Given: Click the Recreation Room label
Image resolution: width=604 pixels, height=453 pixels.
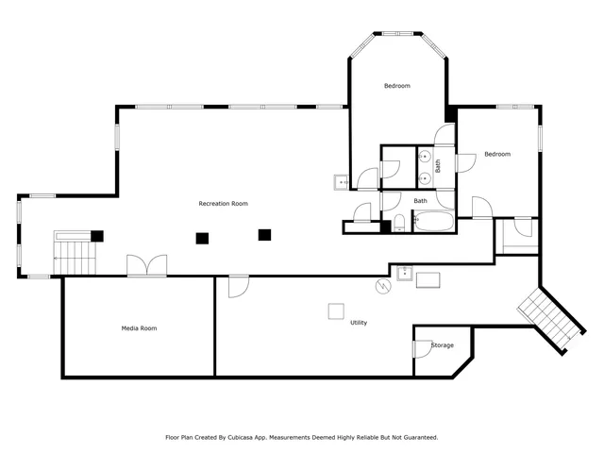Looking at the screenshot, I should point(223,204).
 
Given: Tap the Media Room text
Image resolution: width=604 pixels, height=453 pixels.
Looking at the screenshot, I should point(139,328).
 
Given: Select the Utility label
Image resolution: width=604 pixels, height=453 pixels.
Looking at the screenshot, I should point(359,323).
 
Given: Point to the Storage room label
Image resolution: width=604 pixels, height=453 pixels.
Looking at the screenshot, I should point(443,345).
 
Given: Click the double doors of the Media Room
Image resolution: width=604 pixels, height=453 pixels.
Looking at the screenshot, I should point(147,266).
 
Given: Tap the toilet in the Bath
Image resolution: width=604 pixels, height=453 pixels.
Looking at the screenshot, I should point(399,223).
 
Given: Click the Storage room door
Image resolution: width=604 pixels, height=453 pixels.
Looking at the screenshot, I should point(422,348).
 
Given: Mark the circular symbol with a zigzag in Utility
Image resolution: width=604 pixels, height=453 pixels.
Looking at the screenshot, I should point(382,285).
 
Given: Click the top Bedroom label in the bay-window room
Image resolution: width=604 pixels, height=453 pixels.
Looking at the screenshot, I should point(396,86).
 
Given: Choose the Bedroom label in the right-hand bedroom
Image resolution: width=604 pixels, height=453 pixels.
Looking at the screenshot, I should point(497,154).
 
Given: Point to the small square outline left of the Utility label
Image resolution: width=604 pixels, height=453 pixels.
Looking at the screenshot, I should point(336,311).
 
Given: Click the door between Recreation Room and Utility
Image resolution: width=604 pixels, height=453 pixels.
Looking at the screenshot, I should point(238,285).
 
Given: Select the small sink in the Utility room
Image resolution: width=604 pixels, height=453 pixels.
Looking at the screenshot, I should point(405,273).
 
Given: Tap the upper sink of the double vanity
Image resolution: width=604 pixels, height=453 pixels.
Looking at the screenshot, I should point(424,155).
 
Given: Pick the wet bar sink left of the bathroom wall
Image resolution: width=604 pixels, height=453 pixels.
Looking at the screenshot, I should point(340,181).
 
